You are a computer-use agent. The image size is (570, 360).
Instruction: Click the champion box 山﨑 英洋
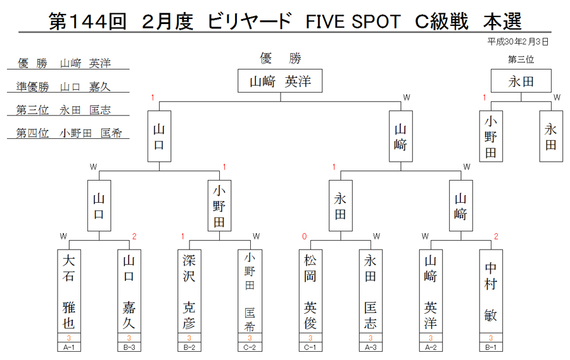pos(280,80)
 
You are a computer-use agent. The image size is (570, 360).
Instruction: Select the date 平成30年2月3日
pos(517,42)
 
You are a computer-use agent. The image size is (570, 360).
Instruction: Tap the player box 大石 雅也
pos(69,291)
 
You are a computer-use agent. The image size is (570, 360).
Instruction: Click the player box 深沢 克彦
pos(189,291)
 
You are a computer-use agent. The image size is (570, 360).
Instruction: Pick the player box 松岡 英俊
pos(310,291)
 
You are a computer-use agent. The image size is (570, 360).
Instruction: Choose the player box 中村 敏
pos(491,291)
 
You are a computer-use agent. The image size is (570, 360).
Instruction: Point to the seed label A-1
pos(69,347)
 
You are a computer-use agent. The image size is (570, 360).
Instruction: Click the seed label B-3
pos(129,347)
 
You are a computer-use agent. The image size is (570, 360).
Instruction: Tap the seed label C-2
pos(250,347)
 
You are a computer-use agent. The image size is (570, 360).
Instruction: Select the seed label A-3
pos(370,347)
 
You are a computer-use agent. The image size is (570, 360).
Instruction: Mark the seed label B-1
pos(491,347)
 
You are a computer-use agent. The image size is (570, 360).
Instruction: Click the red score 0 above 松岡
pos(304,237)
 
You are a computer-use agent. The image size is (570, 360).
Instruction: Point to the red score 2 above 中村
pos(496,237)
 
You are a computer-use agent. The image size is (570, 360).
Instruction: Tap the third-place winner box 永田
pos(521,80)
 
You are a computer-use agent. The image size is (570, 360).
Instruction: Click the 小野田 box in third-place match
pos(491,136)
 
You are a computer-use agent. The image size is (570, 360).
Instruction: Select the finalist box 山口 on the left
pos(159,136)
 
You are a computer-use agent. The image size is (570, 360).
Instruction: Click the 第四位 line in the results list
pos(68,133)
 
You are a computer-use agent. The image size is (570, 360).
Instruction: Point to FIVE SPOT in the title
pos(353,22)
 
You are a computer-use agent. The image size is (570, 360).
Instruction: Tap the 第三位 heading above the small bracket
pos(521,60)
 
